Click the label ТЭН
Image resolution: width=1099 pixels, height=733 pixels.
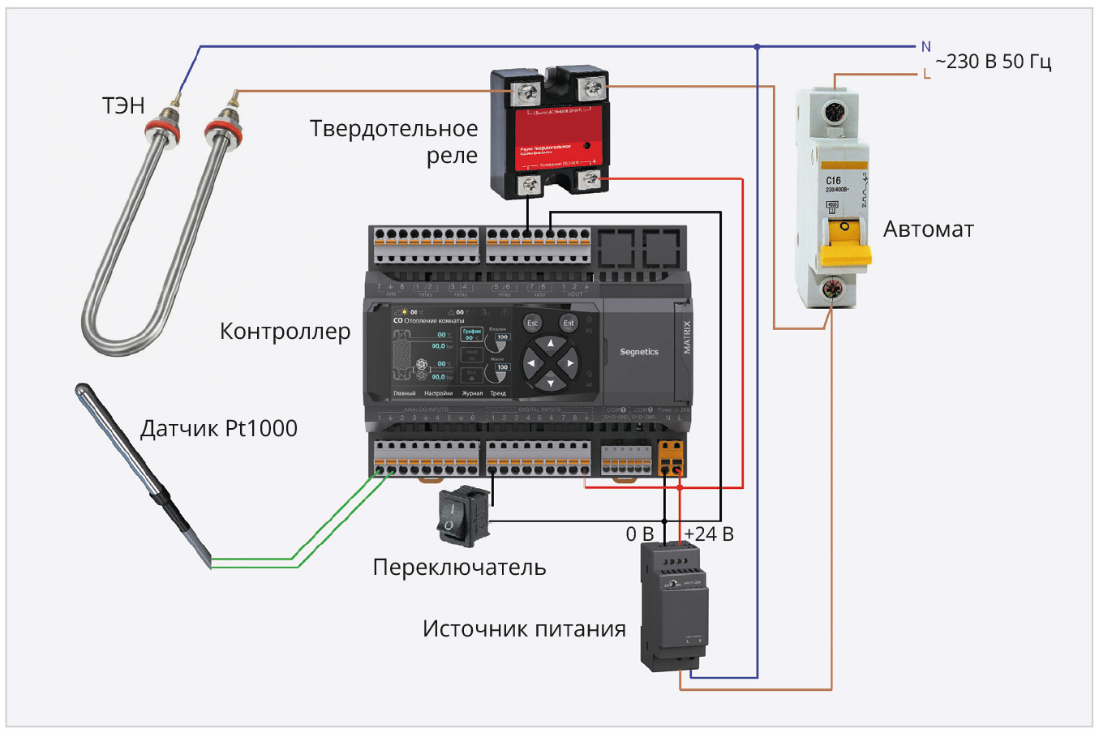pos(123,105)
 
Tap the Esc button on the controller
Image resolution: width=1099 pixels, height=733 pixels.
pos(533,323)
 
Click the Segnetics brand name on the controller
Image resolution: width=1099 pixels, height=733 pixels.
pos(639,352)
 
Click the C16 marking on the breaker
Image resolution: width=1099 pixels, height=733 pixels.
pos(834,181)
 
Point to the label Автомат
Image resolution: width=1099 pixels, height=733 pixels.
pos(928,229)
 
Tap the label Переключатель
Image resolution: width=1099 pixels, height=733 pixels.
pos(459,568)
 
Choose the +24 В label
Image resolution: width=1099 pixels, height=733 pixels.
pos(708,534)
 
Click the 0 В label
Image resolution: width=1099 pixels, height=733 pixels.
pos(639,534)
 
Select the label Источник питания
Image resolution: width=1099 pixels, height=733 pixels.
pos(524,629)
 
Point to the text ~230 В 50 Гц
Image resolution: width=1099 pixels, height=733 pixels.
pos(993,62)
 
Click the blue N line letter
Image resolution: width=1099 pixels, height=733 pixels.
pos(925,47)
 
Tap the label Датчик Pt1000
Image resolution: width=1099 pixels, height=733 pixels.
pos(219,429)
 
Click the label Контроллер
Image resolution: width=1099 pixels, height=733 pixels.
pos(285,332)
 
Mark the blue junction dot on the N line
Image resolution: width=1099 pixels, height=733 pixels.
pos(757,47)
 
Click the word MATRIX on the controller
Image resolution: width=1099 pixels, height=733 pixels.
pos(687,336)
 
